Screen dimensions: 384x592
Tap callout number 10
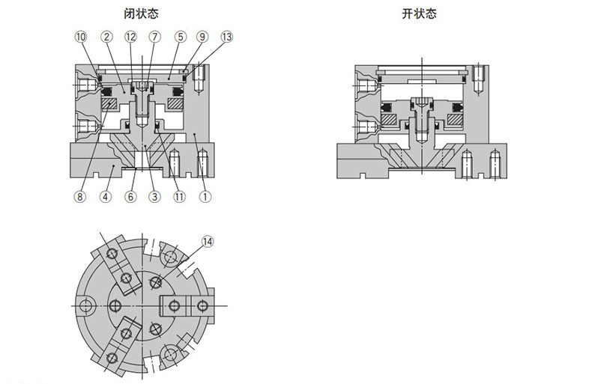point(81,36)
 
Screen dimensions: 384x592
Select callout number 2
point(106,36)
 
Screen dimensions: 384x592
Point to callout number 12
point(130,36)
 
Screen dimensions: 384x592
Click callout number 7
point(154,36)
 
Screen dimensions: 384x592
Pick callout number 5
point(180,36)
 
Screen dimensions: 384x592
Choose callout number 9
point(202,36)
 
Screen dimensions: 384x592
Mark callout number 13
point(227,36)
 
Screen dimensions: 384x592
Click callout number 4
point(106,198)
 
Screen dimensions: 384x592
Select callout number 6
point(130,198)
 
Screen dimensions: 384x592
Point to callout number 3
point(154,198)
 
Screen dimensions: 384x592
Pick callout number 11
point(179,198)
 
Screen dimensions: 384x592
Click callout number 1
point(204,198)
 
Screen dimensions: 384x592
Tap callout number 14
point(208,242)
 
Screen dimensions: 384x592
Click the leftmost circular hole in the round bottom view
point(88,305)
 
